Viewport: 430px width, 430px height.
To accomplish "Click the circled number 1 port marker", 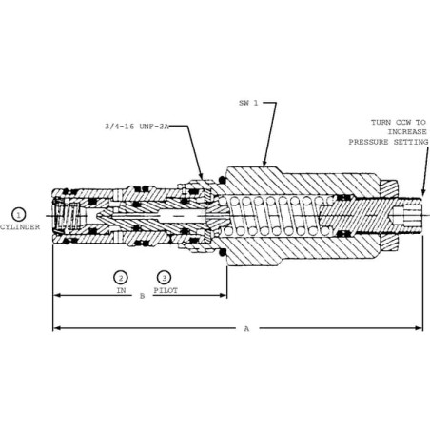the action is point(18,215).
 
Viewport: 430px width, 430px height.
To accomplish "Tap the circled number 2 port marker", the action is point(121,278).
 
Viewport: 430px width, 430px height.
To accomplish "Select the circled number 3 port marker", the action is point(164,278).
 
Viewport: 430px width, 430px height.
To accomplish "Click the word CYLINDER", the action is point(20,227).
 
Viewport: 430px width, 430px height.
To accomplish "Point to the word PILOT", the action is point(166,290).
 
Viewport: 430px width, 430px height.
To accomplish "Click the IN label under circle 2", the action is point(121,290).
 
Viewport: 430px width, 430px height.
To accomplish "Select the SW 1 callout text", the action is point(248,103).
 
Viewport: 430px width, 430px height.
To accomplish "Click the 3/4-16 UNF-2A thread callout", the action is point(137,127).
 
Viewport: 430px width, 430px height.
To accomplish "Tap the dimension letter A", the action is point(246,329).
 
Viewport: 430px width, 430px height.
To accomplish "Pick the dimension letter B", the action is point(142,296).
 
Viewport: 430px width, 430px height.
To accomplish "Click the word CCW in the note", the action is point(402,122).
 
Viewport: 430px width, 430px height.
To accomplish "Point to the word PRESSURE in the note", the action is point(368,142).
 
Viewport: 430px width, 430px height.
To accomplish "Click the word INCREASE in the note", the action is point(407,132).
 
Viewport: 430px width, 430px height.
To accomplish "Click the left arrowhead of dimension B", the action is point(57,295).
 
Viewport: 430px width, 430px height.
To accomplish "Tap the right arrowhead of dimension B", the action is point(224,295).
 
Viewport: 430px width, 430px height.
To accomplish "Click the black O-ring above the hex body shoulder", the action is point(223,180).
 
